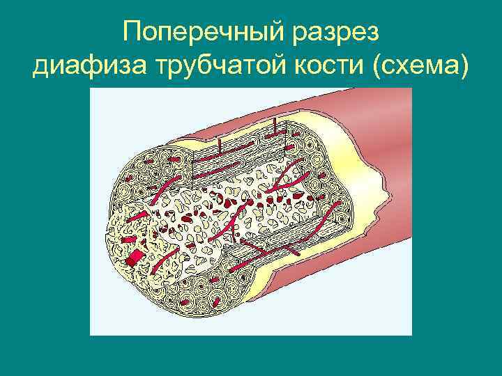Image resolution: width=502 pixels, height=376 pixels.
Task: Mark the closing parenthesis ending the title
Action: coord(465,68)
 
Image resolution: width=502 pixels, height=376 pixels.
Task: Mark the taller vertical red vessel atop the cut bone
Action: coord(274,127)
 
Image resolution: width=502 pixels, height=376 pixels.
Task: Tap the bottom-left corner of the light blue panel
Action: coord(91,334)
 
